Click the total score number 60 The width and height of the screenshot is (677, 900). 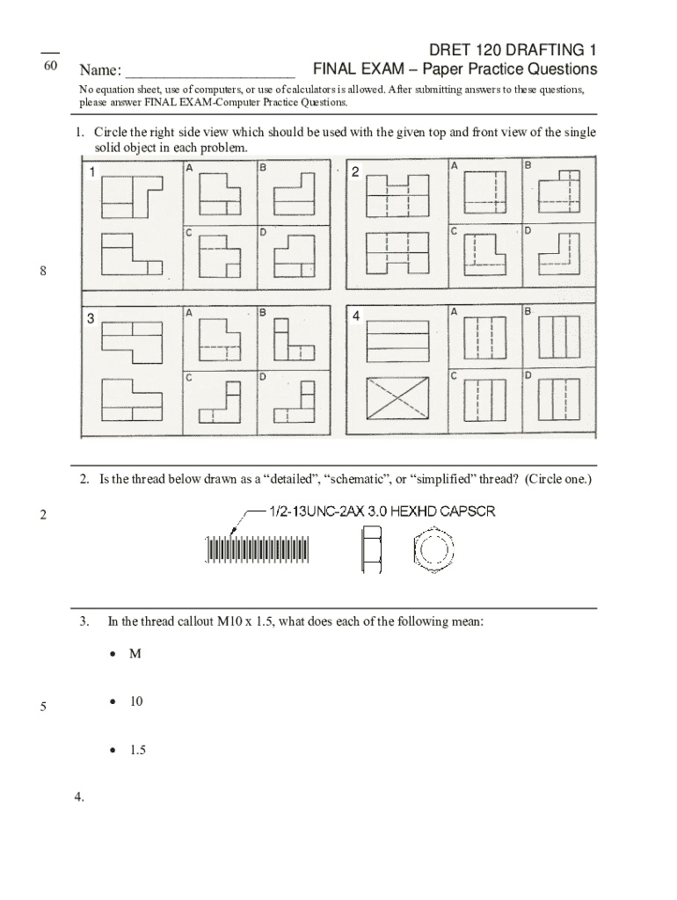[x=50, y=68]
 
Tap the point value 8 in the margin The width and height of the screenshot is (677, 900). [x=42, y=272]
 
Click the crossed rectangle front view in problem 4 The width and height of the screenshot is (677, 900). [x=393, y=402]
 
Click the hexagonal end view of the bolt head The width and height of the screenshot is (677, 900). [x=433, y=548]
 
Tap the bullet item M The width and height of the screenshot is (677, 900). [x=135, y=655]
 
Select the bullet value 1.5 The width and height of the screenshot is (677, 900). [x=137, y=751]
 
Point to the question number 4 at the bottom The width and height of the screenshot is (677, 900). [x=79, y=797]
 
